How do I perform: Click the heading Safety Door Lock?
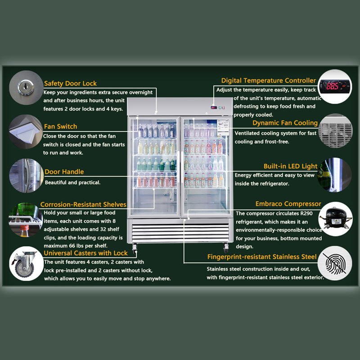pos(70,84)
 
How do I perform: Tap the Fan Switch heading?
pos(61,126)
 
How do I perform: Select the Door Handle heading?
pos(64,172)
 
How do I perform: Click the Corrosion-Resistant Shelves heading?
pos(83,204)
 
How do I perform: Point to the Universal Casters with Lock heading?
pos(85,253)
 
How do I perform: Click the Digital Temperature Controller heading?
pos(269,81)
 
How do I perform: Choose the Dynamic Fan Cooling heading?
pos(285,123)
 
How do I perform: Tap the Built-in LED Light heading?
pos(290,166)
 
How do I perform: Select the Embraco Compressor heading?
pos(288,204)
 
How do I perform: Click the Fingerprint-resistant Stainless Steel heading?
pos(262,256)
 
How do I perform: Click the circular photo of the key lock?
pos(26,87)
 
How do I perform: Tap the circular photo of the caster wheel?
pos(26,264)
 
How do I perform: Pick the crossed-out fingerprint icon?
pos(335,263)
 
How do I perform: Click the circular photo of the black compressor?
pos(335,219)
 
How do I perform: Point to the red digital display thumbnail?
pos(335,86)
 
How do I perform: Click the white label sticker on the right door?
pos(223,127)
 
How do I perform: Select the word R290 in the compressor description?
pos(306,213)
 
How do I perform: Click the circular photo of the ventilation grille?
pos(335,131)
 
